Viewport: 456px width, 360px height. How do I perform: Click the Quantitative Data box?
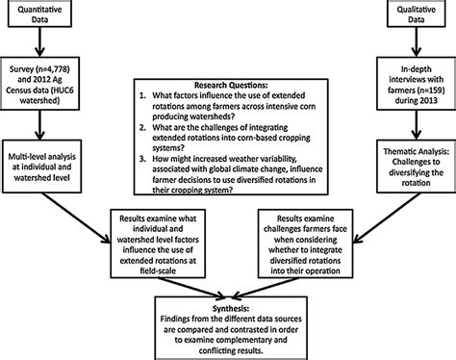click(39, 13)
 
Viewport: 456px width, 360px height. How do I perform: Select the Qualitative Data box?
click(417, 13)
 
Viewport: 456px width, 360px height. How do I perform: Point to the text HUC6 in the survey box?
click(62, 90)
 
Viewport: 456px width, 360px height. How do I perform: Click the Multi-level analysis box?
click(41, 167)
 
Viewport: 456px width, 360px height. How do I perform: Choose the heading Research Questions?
click(231, 85)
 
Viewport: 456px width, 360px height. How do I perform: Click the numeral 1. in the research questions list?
click(142, 95)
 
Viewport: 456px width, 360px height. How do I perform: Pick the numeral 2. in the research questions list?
click(142, 127)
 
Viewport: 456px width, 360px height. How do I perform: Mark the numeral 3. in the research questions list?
click(142, 159)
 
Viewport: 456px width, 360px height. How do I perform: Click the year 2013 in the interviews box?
click(427, 100)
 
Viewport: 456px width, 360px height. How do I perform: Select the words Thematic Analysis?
click(416, 151)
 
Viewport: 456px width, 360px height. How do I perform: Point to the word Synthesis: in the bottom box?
click(231, 309)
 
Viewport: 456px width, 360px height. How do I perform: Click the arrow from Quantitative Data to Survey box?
click(39, 42)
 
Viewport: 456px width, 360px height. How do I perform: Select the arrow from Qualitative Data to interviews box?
click(417, 42)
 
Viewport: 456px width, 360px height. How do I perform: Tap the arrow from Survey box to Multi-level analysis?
click(39, 125)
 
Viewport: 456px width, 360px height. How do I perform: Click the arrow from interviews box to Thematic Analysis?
click(417, 125)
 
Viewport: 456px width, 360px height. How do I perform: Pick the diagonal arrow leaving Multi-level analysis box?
click(76, 218)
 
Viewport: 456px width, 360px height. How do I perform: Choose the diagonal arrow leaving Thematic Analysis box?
click(387, 218)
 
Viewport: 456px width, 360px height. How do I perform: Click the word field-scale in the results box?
click(158, 270)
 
